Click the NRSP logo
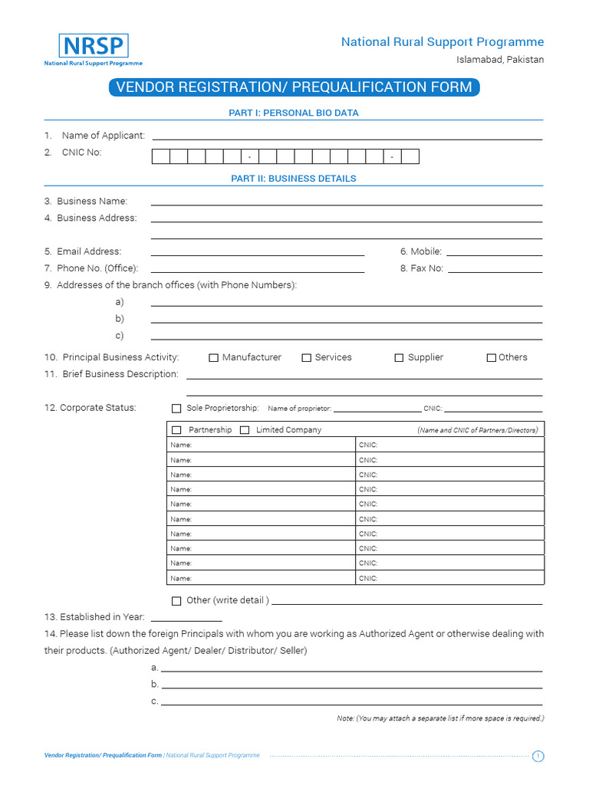(93, 50)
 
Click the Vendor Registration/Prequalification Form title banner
(294, 87)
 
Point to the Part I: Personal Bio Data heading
(294, 113)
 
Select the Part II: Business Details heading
(294, 179)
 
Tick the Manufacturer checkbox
(214, 358)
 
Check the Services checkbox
(306, 358)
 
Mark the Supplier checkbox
(399, 358)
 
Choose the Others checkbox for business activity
(491, 358)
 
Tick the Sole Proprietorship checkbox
(176, 409)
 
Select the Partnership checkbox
(176, 430)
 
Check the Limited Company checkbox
(245, 430)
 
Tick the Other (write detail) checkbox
(176, 601)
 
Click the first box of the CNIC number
(160, 157)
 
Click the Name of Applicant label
(103, 136)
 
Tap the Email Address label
(89, 251)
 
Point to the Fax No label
(426, 269)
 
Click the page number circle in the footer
(538, 757)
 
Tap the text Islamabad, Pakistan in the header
(500, 60)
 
